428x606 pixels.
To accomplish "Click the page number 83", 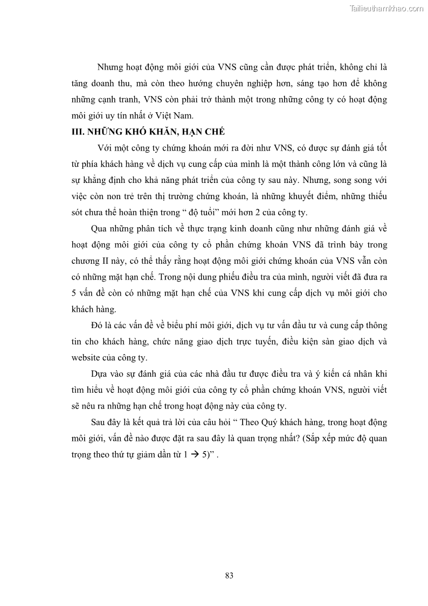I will (x=229, y=575).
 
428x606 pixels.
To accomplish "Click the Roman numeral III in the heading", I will (x=78, y=132).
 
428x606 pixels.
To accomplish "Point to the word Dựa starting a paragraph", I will (x=101, y=374).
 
